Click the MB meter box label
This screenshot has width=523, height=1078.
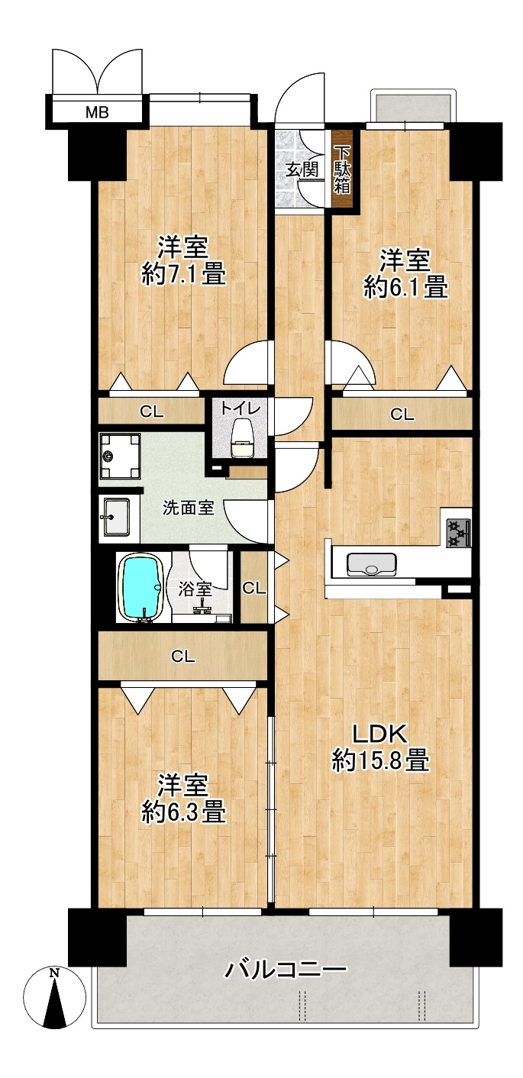point(97,113)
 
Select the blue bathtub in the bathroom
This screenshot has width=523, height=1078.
point(141,587)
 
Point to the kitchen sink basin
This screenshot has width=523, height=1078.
point(371,564)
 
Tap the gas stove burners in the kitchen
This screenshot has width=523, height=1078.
point(459,533)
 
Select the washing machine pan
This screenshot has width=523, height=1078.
point(120,455)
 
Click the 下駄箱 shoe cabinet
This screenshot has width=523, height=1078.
point(343,169)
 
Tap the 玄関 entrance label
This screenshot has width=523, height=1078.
point(302,169)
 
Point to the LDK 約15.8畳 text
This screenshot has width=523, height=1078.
point(380,747)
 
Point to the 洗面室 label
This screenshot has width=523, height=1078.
point(188,508)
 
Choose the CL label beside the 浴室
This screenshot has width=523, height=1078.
point(253,588)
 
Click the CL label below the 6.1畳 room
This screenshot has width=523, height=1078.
point(402,415)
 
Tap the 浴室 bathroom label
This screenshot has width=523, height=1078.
point(195,589)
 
